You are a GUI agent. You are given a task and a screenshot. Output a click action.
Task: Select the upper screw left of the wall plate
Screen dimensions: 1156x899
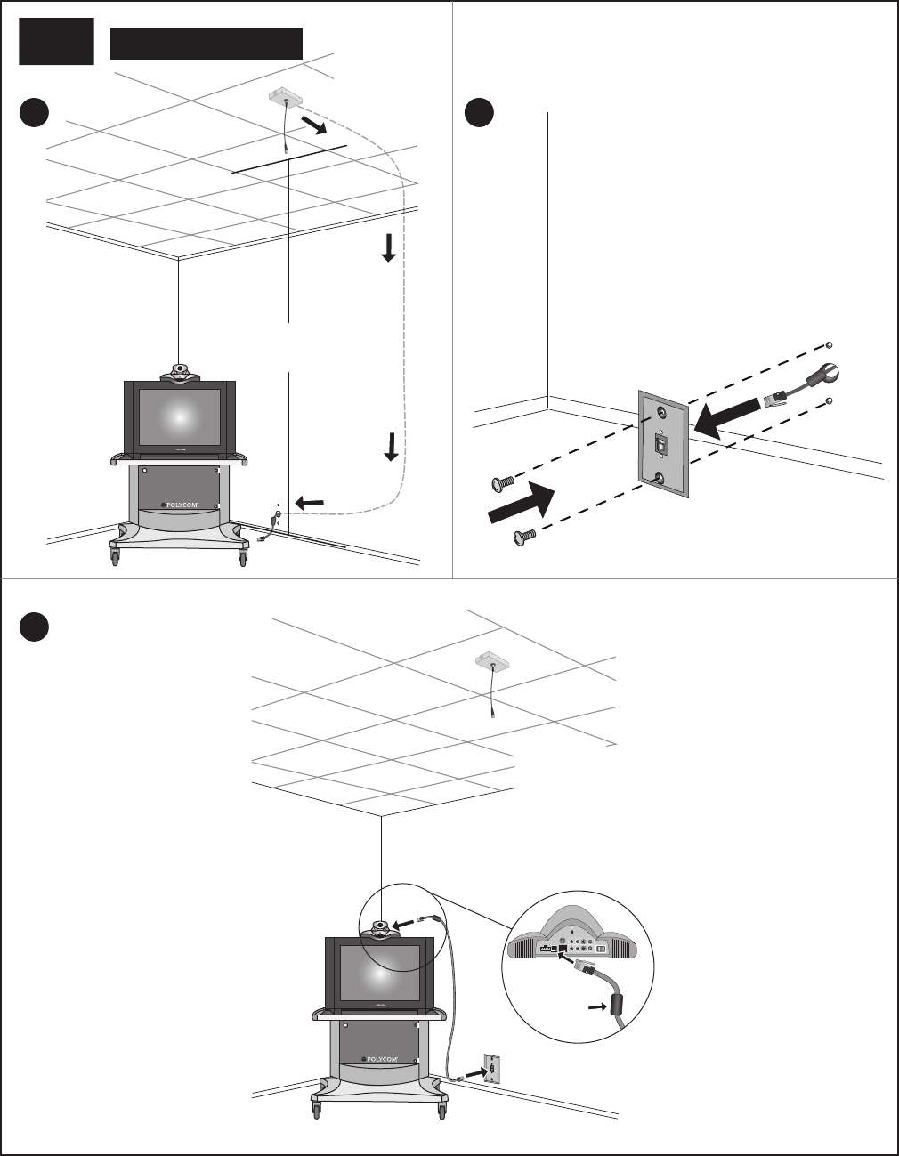(503, 483)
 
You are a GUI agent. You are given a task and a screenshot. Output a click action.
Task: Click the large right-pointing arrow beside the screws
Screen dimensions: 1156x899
(521, 505)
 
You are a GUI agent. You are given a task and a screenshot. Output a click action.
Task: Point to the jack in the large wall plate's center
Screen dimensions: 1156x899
(661, 442)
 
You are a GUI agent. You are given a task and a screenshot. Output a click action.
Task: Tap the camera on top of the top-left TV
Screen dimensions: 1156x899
(181, 372)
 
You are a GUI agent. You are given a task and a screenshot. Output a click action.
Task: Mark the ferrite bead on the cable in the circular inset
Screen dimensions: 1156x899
(613, 1006)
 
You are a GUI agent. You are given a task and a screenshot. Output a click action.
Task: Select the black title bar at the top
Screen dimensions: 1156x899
(207, 43)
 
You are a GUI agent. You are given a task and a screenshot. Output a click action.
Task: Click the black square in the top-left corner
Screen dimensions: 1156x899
(56, 42)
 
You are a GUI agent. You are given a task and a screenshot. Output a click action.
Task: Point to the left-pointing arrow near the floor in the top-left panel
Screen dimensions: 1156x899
(310, 504)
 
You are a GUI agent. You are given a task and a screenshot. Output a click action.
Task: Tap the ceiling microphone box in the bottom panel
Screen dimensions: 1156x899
(490, 661)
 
